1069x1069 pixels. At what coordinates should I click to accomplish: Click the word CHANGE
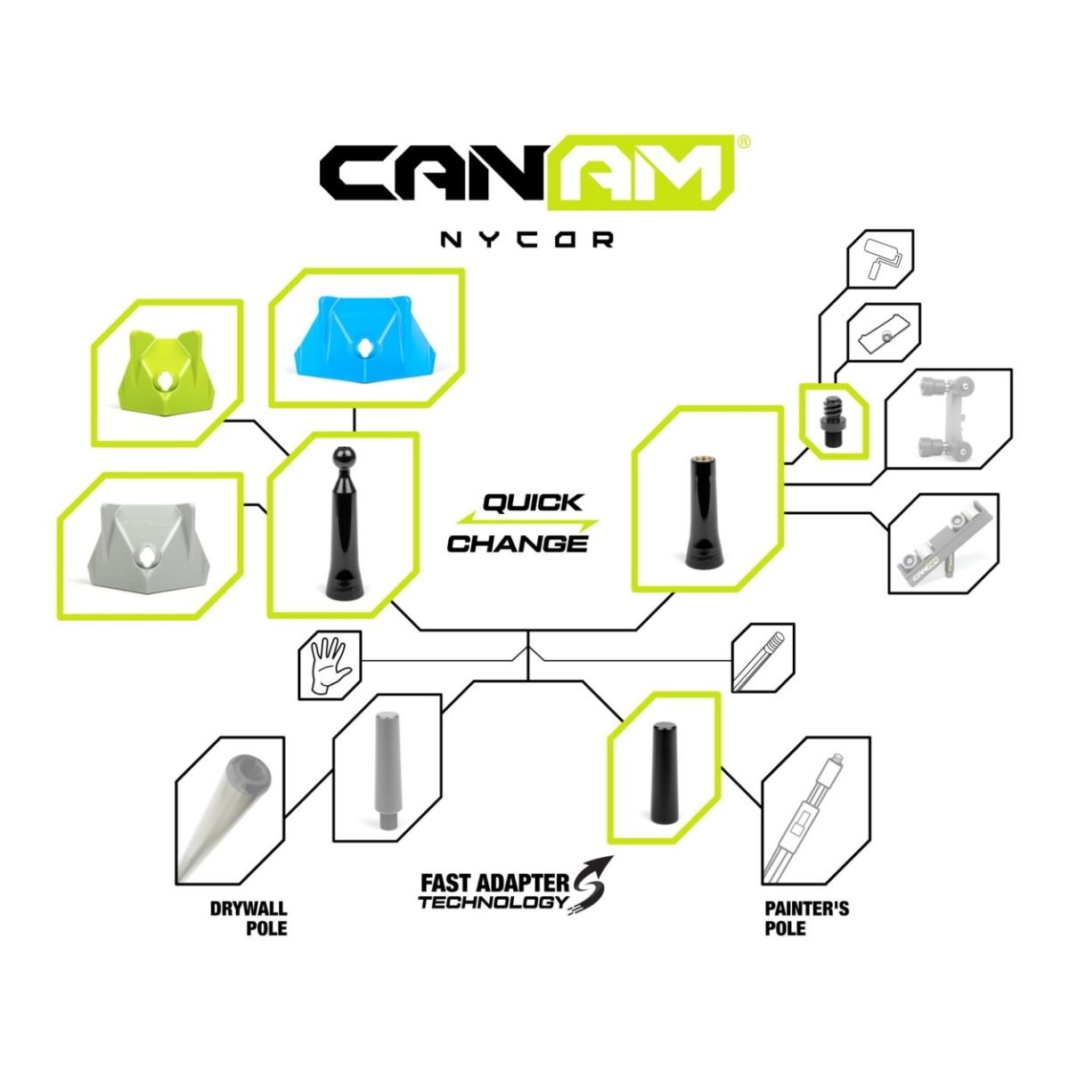point(517,543)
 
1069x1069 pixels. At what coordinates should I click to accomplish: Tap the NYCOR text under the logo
point(526,240)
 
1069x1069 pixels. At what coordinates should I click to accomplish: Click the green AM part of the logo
point(641,173)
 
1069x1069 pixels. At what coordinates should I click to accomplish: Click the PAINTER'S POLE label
point(806,918)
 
